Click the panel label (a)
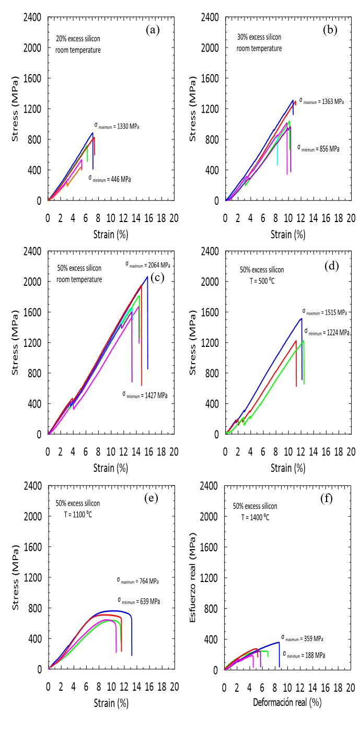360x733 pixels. click(153, 30)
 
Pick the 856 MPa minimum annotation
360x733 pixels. click(318, 148)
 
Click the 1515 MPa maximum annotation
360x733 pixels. click(324, 312)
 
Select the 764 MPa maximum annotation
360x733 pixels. click(137, 581)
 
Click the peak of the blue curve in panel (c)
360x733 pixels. click(147, 277)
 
